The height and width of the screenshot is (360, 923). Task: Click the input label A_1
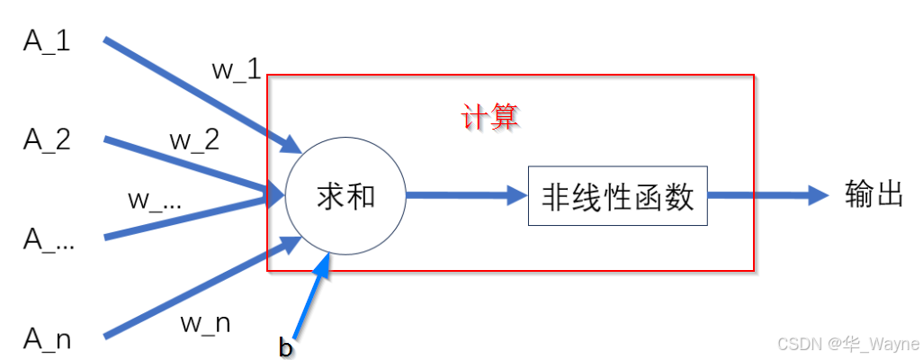click(x=47, y=42)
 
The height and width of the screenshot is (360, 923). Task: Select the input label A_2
click(x=47, y=140)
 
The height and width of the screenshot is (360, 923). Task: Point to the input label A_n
click(x=47, y=338)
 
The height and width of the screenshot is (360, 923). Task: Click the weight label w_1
click(x=237, y=70)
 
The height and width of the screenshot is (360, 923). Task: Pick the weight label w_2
click(x=194, y=140)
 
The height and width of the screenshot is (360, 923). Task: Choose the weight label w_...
click(x=155, y=201)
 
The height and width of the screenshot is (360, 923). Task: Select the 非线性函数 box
click(x=617, y=196)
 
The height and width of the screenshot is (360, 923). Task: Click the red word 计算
click(x=491, y=118)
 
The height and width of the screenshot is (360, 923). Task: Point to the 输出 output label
click(x=874, y=194)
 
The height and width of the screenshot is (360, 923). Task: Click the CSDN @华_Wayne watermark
click(x=846, y=344)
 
